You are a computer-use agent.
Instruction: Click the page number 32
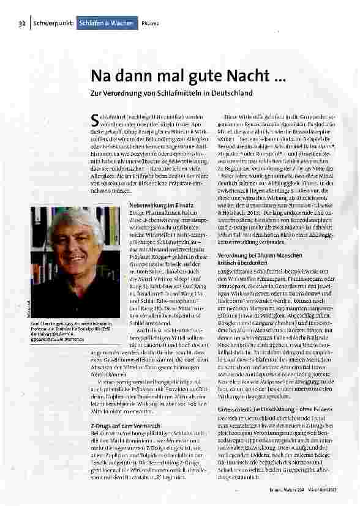click(20, 23)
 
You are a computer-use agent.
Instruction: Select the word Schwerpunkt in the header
click(51, 23)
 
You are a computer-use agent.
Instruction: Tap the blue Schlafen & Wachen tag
click(104, 23)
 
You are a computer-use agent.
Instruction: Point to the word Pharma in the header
click(150, 23)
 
